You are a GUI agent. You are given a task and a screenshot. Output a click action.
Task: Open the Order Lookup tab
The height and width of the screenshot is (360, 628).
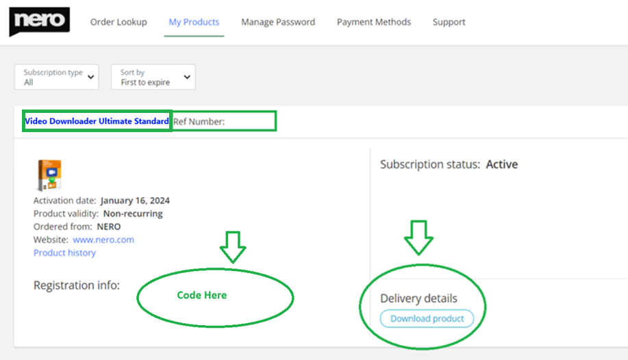tap(118, 22)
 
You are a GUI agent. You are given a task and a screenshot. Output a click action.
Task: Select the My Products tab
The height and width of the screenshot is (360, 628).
tap(194, 22)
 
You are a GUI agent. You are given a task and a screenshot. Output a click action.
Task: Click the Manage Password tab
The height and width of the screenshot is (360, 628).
tap(278, 22)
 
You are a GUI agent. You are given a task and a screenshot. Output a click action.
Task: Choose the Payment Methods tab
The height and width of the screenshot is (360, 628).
tap(374, 22)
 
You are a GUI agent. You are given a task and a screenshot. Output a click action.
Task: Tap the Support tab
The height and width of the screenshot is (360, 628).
tap(449, 22)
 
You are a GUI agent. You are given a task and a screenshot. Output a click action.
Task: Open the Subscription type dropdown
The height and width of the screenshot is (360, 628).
tap(56, 77)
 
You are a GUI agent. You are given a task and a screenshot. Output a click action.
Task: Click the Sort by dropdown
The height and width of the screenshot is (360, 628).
tap(153, 77)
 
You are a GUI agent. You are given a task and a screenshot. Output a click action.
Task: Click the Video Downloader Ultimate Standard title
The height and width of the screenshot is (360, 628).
tap(97, 122)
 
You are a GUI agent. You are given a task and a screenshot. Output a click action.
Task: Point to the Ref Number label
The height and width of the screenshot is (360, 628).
tap(199, 122)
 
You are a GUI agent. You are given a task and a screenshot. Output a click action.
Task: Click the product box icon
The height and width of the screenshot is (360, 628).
tap(48, 175)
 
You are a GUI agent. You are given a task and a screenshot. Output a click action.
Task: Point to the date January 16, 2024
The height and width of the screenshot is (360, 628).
tap(135, 201)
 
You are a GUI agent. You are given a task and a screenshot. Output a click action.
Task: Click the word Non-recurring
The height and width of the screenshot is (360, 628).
tap(133, 214)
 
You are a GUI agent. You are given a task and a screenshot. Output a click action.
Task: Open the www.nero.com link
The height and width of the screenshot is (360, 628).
tap(103, 240)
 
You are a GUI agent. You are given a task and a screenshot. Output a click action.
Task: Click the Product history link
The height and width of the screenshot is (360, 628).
tap(64, 253)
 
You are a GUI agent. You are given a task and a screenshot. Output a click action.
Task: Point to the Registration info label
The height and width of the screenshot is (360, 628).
tap(77, 285)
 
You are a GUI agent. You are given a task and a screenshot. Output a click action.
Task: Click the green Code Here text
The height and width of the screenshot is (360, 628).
tap(202, 295)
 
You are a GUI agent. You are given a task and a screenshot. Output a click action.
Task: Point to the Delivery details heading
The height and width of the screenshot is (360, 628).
tap(419, 298)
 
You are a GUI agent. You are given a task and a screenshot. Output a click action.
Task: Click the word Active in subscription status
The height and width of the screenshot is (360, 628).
tap(502, 164)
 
